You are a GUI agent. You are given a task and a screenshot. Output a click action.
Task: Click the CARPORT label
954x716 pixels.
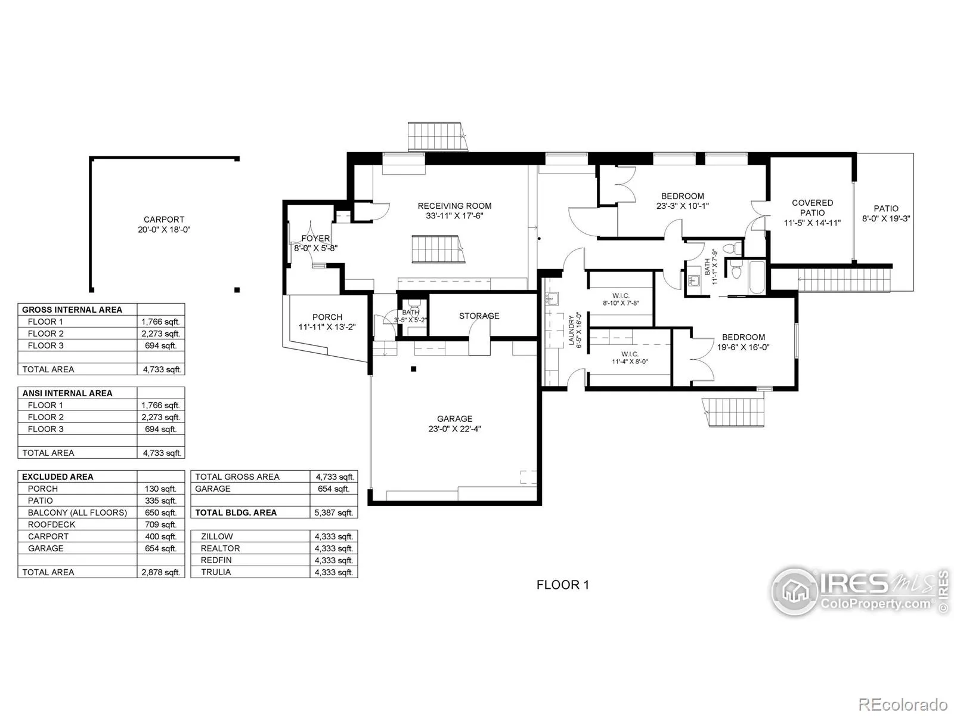pos(164,220)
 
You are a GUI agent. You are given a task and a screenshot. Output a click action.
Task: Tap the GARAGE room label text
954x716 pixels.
pos(454,419)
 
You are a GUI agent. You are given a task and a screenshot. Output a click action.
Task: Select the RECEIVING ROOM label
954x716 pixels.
pos(454,206)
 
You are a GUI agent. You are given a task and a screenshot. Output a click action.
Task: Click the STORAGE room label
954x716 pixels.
pos(479,316)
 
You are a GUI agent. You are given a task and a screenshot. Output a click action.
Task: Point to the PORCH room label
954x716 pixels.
pos(327,317)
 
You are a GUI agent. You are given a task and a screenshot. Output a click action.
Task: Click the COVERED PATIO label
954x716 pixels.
pos(812,208)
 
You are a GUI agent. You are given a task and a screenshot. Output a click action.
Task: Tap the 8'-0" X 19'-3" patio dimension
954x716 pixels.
pos(886,219)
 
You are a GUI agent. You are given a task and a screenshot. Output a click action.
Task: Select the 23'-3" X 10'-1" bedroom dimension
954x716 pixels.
pos(682,206)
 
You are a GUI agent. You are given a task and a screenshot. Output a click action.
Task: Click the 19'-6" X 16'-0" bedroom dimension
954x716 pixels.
pos(743,347)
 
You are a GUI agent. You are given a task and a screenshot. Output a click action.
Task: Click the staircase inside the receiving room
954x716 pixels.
pos(436,249)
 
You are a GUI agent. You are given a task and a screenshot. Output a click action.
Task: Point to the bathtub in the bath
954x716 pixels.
pos(756,277)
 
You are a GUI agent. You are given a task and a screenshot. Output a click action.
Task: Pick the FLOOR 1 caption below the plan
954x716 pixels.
pos(562,585)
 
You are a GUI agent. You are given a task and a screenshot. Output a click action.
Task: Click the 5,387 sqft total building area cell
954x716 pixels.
pos(334,513)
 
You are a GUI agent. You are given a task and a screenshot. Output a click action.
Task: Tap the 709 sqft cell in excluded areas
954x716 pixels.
pos(160,524)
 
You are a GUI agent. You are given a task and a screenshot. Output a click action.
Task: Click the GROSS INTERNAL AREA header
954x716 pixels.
pos(72,310)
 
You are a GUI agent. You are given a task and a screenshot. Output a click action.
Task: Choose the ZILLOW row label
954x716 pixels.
pos(217,536)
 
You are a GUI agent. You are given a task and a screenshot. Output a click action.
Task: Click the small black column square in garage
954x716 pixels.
pos(413,369)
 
